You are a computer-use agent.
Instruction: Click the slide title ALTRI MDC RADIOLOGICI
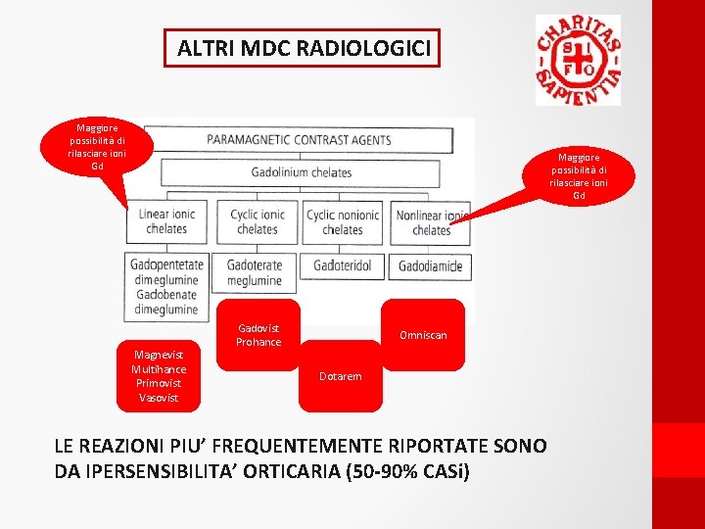click(304, 48)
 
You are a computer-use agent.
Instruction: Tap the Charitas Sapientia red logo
click(578, 60)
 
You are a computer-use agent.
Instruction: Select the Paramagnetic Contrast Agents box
click(299, 140)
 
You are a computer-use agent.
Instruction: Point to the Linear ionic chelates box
click(166, 221)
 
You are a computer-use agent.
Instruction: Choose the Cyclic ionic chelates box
click(258, 221)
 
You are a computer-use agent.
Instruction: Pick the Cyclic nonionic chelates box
click(343, 221)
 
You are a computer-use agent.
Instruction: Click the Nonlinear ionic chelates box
click(431, 222)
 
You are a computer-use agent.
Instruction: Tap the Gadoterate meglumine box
click(255, 272)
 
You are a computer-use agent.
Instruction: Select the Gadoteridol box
click(343, 265)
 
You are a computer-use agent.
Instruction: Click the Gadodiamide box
click(431, 266)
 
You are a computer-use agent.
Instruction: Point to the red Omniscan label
click(423, 335)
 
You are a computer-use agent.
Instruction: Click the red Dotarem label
click(341, 376)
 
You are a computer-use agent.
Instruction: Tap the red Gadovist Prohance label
click(258, 335)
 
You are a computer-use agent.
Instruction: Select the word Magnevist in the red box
click(160, 355)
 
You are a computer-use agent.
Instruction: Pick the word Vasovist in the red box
click(160, 398)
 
